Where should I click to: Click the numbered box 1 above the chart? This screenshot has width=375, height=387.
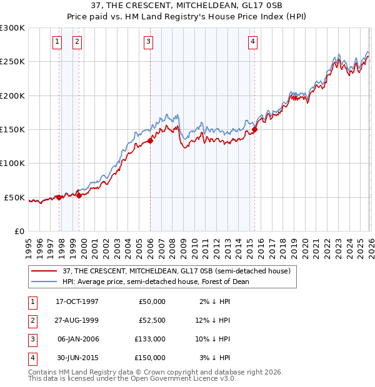click(x=57, y=42)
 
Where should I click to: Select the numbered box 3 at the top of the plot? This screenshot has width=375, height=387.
click(x=149, y=42)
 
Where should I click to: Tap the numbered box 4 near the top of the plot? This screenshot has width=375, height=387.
click(x=252, y=42)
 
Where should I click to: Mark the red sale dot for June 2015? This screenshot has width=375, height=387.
click(x=255, y=130)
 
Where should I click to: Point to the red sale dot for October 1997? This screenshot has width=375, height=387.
click(x=59, y=197)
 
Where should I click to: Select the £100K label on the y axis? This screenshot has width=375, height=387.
click(x=12, y=164)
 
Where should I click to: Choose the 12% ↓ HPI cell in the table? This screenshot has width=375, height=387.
click(x=215, y=320)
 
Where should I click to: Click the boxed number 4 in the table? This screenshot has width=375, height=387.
click(x=31, y=358)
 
